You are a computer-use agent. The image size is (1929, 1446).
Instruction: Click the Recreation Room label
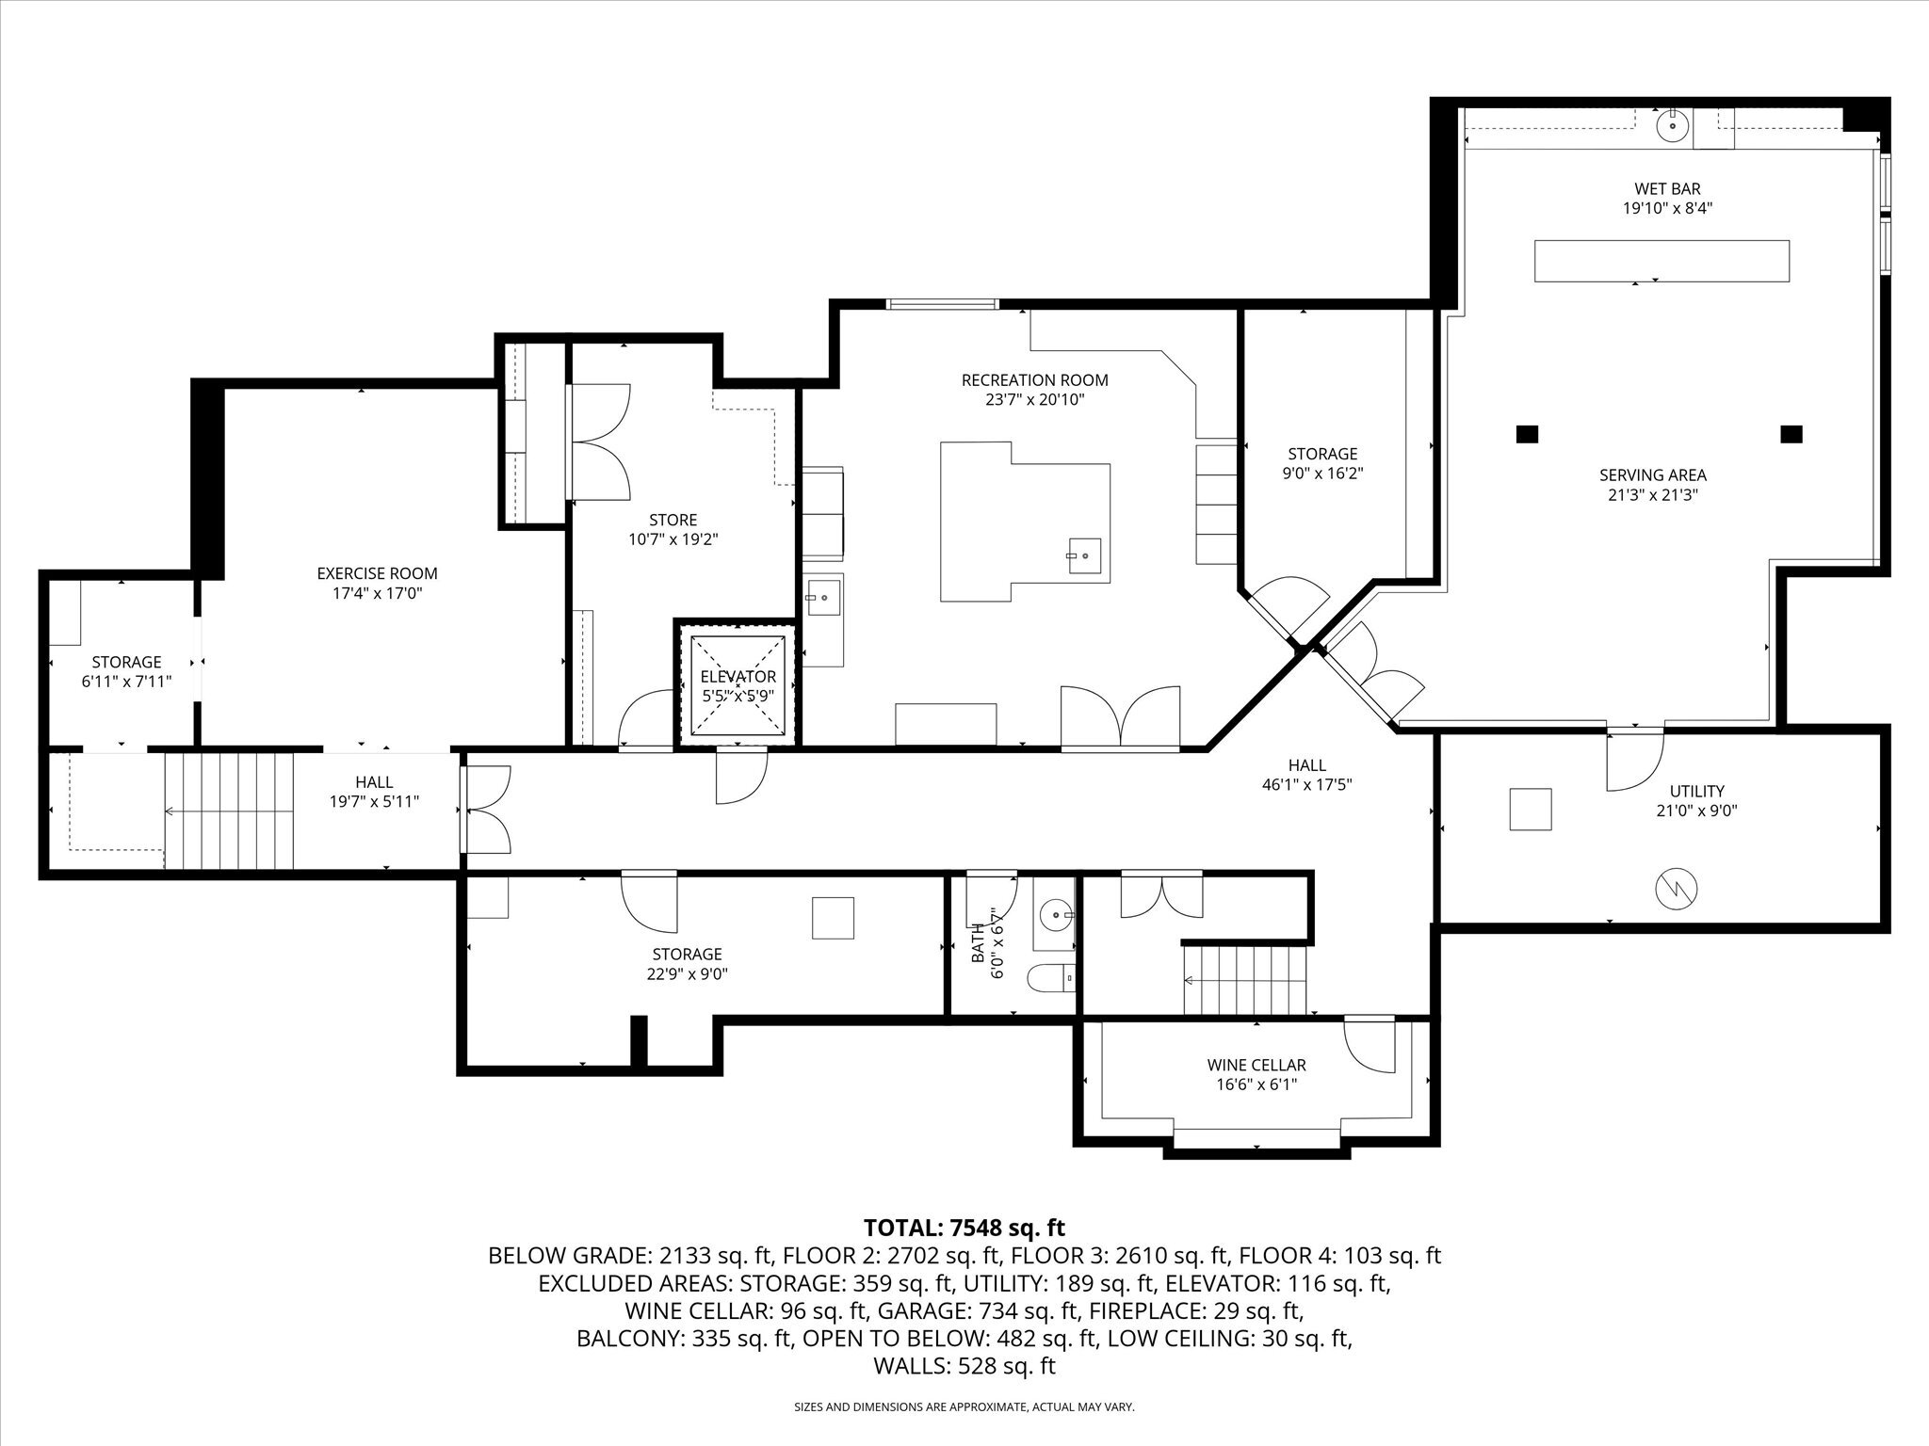click(1034, 380)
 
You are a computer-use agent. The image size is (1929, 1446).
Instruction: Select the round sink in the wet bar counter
click(1672, 126)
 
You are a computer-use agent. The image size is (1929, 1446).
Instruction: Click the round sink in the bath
click(1058, 913)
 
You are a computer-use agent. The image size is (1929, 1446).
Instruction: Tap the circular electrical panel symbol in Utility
click(1675, 888)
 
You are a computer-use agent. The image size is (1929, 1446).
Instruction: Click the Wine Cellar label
click(1256, 1065)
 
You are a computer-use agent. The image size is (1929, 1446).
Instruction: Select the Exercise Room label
click(377, 573)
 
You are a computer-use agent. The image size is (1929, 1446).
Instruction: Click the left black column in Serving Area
click(1527, 434)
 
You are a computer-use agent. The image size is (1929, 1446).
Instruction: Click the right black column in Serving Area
click(1791, 434)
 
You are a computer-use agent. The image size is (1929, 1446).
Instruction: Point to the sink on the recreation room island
click(1084, 555)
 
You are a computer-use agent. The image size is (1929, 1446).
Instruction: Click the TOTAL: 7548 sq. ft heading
click(964, 1228)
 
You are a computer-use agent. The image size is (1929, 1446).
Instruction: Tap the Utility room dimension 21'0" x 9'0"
click(1696, 811)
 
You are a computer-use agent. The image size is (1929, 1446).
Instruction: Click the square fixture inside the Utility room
click(1530, 810)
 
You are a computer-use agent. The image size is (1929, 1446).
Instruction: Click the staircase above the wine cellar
click(1245, 980)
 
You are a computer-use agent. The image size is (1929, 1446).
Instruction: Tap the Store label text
click(673, 520)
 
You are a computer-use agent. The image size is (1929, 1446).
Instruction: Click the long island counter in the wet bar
click(1662, 261)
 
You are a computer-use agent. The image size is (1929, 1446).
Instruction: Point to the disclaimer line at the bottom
click(964, 1407)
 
